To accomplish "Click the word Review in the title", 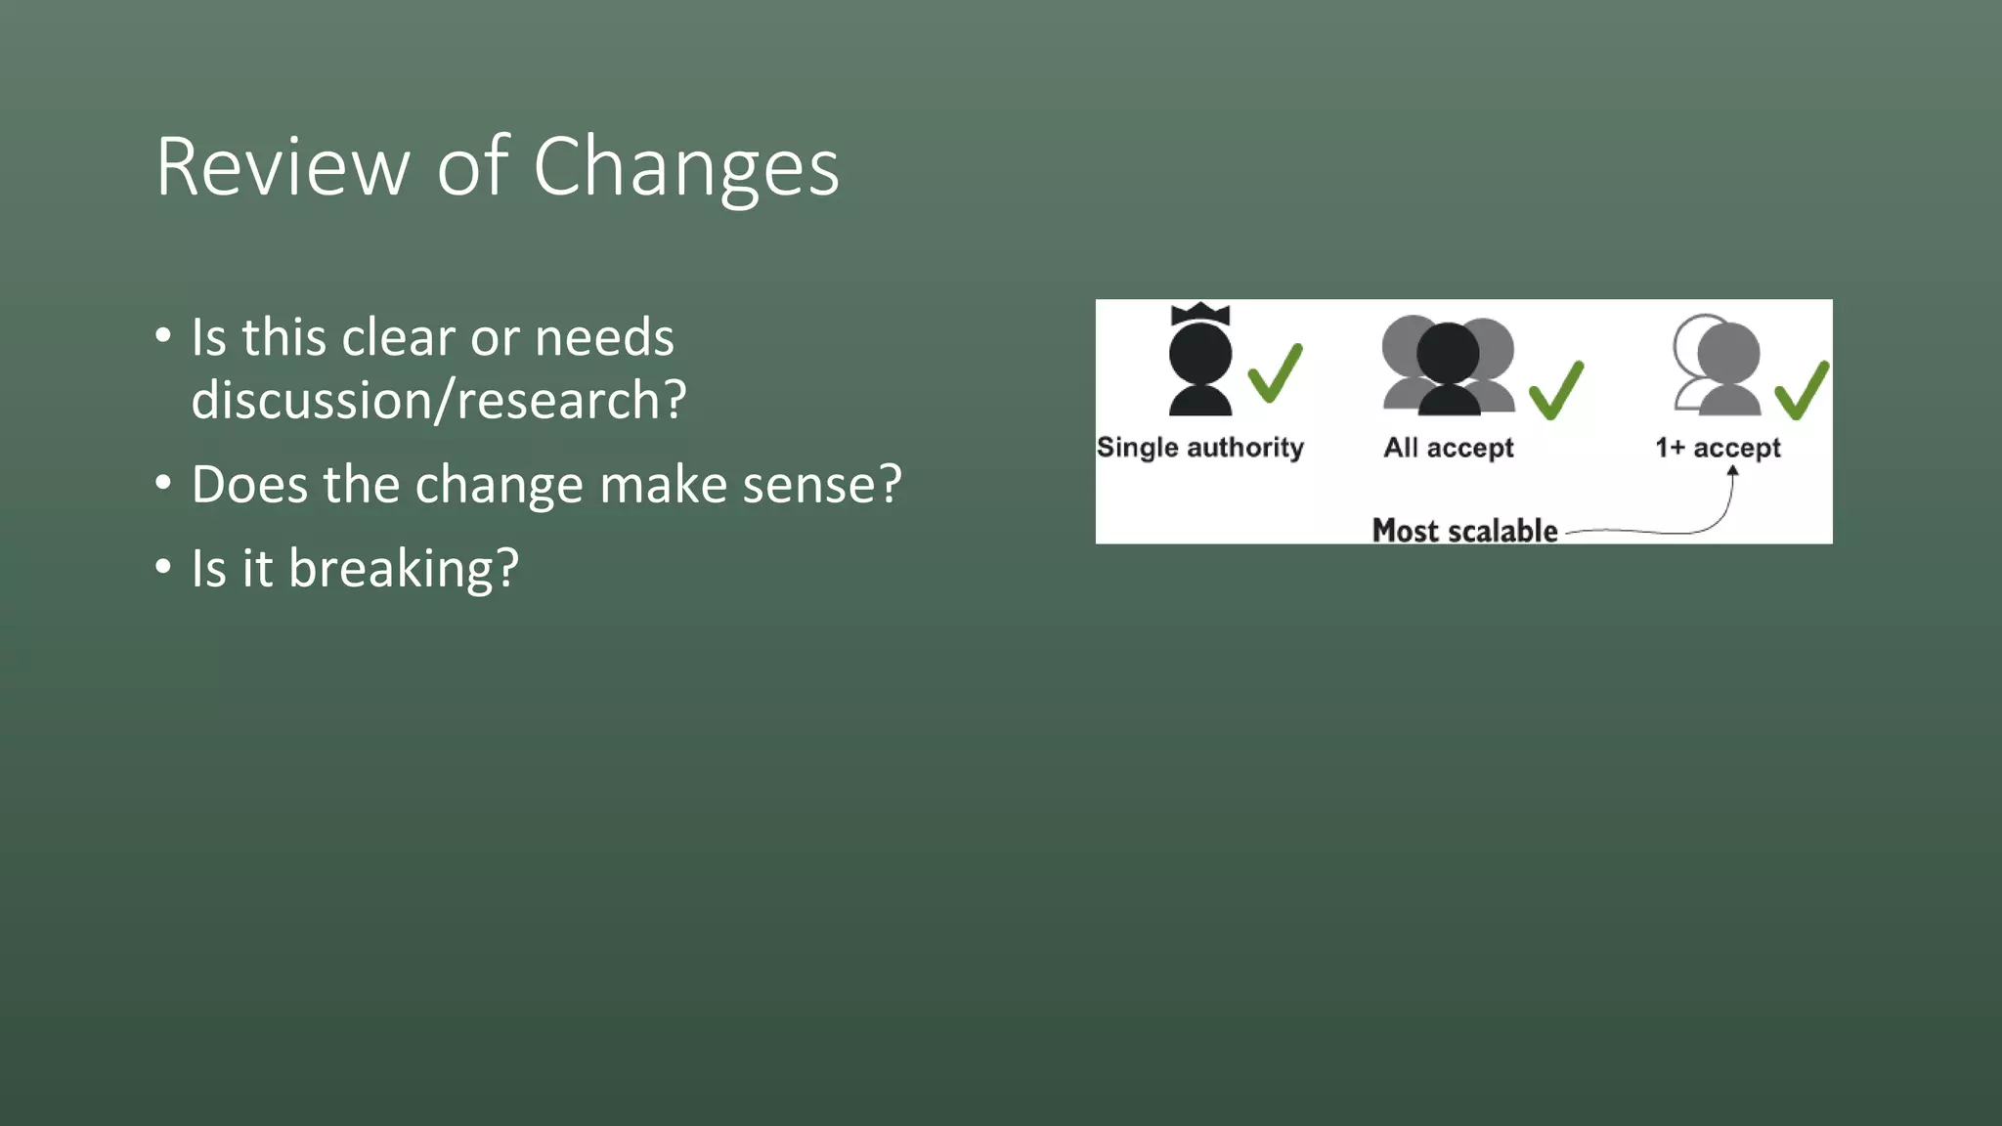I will [283, 167].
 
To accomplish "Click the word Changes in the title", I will [685, 167].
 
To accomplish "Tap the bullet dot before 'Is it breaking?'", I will [163, 567].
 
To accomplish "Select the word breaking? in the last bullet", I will [403, 569].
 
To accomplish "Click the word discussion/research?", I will [439, 400].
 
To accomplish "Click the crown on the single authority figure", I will [1199, 314].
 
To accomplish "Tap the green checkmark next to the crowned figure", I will [1275, 372].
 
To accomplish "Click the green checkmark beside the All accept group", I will [1556, 390].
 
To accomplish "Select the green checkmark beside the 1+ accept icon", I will [1802, 390].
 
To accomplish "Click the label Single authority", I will [1199, 448].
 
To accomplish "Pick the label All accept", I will [1448, 448].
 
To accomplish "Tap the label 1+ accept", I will [1718, 448].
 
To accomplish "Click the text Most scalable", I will [1464, 531].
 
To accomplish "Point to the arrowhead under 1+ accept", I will [1732, 471].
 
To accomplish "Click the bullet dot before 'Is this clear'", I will [163, 336].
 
